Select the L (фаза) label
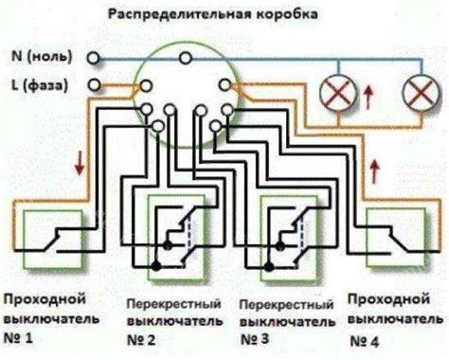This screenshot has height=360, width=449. point(44,86)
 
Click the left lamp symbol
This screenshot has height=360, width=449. point(335,92)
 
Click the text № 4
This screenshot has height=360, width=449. point(368,339)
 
